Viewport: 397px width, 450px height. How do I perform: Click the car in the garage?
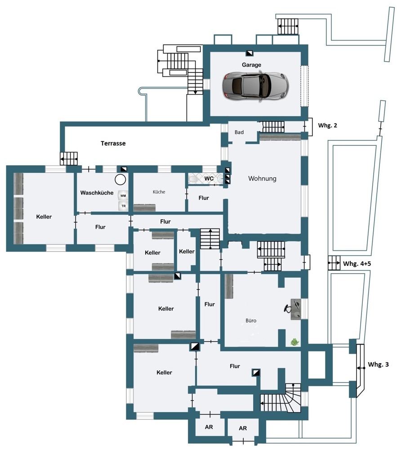tap(255, 86)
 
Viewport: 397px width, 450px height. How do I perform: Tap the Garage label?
tap(251, 65)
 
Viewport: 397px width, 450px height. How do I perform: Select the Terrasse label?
tap(113, 143)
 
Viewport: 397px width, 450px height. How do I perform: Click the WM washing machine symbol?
tap(123, 196)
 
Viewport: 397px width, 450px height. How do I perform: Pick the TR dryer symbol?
tap(123, 206)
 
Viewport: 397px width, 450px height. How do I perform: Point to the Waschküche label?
tap(97, 193)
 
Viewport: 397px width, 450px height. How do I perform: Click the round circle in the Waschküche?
tap(120, 180)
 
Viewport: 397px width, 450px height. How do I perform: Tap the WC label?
tap(209, 179)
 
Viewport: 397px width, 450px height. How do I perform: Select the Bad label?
tap(239, 132)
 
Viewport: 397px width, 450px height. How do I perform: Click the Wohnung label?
tap(262, 179)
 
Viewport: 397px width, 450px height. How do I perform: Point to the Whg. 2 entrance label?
tap(327, 126)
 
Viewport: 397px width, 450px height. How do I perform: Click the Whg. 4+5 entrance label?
tap(357, 263)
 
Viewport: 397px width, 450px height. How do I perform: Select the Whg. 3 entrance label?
tap(379, 364)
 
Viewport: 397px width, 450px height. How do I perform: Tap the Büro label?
tap(251, 320)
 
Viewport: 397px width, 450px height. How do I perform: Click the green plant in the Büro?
tap(294, 342)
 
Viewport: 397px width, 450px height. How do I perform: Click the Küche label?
tap(159, 192)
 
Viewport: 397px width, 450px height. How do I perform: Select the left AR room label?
tap(209, 427)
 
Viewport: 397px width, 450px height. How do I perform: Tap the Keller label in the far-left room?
tap(44, 217)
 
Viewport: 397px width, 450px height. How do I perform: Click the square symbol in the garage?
tap(250, 53)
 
